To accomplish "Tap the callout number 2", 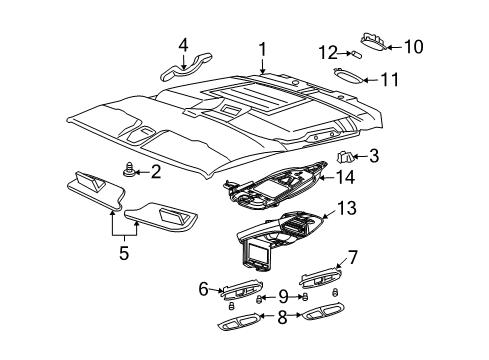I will pos(155,171).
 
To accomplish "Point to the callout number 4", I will pos(183,45).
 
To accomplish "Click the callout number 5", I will pos(125,253).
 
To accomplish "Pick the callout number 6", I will pos(203,288).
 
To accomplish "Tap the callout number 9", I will pos(282,296).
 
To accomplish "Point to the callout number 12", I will pos(327,52).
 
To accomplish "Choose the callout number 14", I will pos(346,177).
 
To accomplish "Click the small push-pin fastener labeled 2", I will pos(131,172).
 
